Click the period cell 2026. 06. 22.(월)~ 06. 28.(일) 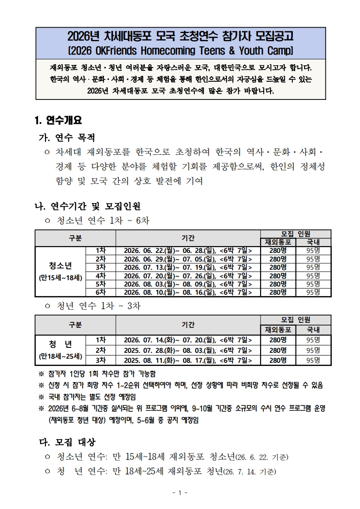click(187, 251)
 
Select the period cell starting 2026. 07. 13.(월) click(187, 267)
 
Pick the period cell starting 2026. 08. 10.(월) click(187, 292)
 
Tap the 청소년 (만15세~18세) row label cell click(60, 271)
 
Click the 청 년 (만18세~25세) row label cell click(60, 348)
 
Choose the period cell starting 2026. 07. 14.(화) click(187, 340)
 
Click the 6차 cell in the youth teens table click(100, 292)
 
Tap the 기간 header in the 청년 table click(187, 324)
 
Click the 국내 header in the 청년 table click(313, 330)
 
